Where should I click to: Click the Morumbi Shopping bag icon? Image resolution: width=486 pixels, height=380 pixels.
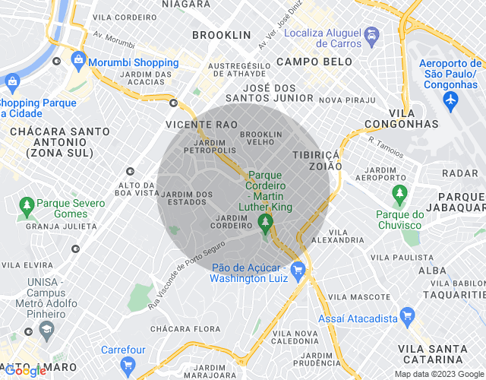click(77, 59)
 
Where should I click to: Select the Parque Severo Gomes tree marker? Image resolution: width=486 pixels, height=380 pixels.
click(27, 204)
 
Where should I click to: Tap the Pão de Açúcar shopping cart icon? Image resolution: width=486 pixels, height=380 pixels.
click(297, 269)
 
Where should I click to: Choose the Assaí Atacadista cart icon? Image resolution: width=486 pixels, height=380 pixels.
click(408, 314)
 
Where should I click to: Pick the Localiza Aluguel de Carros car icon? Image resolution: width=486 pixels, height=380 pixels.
click(371, 35)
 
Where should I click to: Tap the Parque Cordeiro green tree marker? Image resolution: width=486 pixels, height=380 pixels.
click(266, 223)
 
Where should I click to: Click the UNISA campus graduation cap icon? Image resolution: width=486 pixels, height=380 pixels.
click(46, 330)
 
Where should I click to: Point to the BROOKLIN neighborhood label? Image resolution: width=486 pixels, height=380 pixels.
click(221, 35)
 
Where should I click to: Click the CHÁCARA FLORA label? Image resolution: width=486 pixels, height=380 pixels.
click(179, 329)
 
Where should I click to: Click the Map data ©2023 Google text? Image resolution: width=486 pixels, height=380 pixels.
click(438, 374)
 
